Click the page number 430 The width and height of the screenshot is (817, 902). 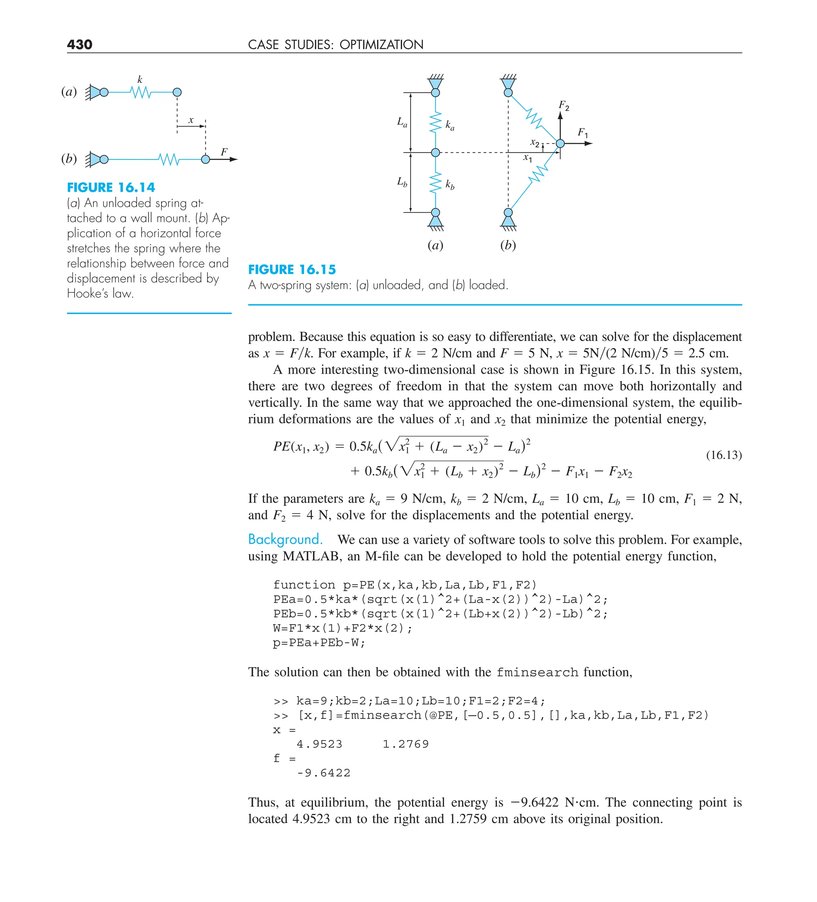[x=80, y=44]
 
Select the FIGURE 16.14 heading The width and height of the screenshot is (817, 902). [x=111, y=187]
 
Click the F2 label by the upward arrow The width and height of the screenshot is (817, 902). [x=564, y=106]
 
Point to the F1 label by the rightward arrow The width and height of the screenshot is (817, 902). [x=582, y=132]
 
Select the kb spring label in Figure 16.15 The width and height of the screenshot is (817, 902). [x=450, y=184]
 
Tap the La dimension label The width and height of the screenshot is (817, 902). [x=402, y=122]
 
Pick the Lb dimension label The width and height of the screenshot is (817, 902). [x=402, y=182]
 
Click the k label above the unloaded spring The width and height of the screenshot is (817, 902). [x=140, y=80]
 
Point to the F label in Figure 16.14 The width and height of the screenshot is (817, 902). [x=224, y=152]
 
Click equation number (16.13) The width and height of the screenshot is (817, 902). [x=723, y=455]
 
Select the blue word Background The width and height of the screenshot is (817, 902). [x=285, y=539]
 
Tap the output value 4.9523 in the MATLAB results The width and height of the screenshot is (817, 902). [x=319, y=744]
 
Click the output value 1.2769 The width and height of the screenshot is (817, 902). [x=406, y=744]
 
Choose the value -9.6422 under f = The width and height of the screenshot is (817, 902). [x=323, y=773]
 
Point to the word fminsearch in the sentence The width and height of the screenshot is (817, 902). [x=537, y=672]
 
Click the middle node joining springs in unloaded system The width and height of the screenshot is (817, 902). [x=435, y=153]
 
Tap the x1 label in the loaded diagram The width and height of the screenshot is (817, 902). [x=528, y=158]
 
